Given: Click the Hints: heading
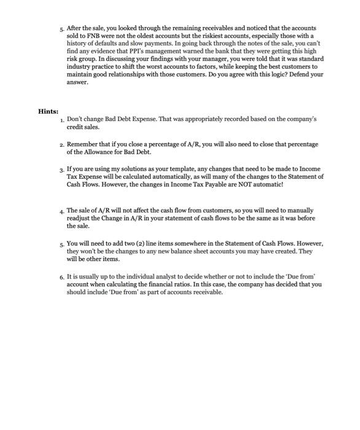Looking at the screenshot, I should pyautogui.click(x=49, y=111).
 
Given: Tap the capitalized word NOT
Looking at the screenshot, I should pyautogui.click(x=252, y=183).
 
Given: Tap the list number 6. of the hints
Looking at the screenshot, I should pyautogui.click(x=62, y=277).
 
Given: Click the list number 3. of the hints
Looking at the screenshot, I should pyautogui.click(x=62, y=168).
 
